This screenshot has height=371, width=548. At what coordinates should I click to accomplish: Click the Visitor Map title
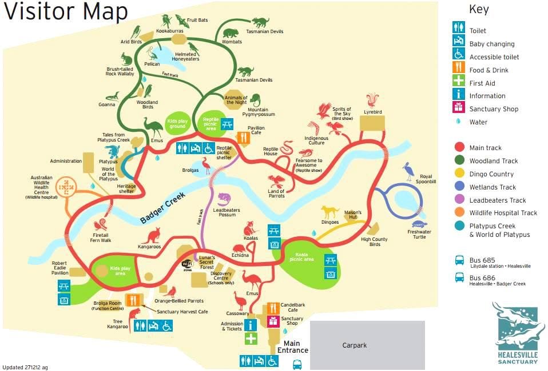coord(66,13)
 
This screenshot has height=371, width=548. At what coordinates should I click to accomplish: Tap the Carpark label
coord(354,345)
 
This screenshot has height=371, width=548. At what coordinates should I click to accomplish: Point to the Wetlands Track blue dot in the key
coord(459,187)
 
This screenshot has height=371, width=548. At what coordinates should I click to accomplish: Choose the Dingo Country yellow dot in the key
coord(459,174)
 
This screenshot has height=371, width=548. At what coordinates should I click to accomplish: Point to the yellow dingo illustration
coord(329,212)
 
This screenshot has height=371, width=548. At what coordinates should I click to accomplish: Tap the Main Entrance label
coord(292,347)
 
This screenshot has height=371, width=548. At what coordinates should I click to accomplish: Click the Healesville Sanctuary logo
coord(517,328)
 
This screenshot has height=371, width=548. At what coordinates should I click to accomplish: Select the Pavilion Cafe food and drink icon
coord(243,138)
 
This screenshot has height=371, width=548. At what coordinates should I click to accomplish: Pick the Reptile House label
coord(271,152)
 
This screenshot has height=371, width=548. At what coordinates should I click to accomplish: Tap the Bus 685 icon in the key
coord(459,260)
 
